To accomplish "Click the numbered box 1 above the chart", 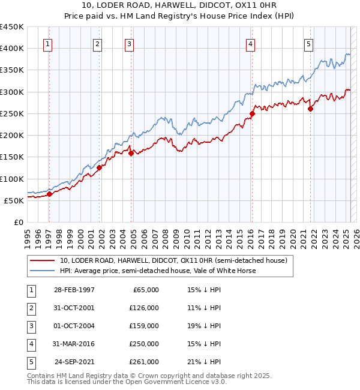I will coord(47,43).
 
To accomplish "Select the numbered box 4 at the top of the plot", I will coord(250,43).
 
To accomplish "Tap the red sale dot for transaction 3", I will coord(130,153).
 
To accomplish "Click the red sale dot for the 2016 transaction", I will coord(252,113).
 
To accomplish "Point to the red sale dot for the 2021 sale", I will coord(310,109).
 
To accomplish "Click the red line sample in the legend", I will coord(43,260).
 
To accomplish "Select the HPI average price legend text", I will coord(158,271).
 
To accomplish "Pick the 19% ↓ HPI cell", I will coord(205,326).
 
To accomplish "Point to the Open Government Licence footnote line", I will coord(127,382).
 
